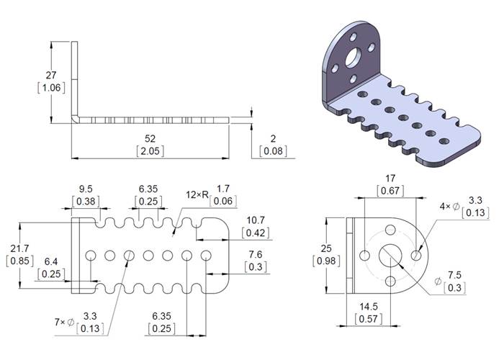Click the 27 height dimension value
pyautogui.click(x=50, y=75)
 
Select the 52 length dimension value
pyautogui.click(x=150, y=138)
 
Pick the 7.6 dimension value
pyautogui.click(x=255, y=254)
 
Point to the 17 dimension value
pyautogui.click(x=391, y=178)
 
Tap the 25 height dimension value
pyautogui.click(x=328, y=248)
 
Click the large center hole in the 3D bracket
pyautogui.click(x=354, y=56)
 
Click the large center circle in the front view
pyautogui.click(x=391, y=255)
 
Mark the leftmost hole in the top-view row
pyautogui.click(x=92, y=255)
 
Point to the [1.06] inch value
pyautogui.click(x=50, y=88)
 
